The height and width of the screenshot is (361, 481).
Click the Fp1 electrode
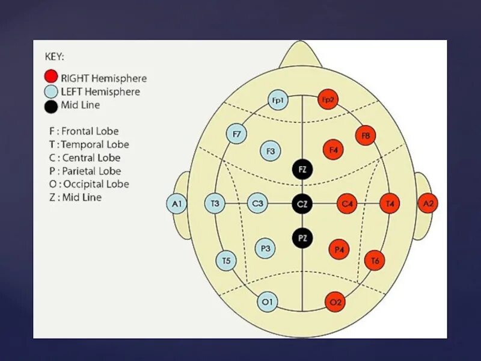[x=277, y=100]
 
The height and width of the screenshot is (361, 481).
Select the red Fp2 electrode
[x=327, y=100]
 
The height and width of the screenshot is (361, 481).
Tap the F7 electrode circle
[x=236, y=134]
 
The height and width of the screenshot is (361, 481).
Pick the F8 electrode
[x=366, y=135]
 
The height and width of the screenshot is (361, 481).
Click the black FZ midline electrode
[x=302, y=170]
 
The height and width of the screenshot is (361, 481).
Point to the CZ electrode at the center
[x=302, y=204]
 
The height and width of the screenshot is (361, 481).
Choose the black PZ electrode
[x=302, y=238]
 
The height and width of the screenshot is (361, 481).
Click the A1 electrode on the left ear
[x=176, y=204]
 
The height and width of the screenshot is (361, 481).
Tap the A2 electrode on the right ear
[x=428, y=203]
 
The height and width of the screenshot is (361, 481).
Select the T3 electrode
[x=215, y=204]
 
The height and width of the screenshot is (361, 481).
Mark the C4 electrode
[x=347, y=204]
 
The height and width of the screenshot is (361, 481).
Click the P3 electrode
[x=265, y=247]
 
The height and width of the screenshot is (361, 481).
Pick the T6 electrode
[x=375, y=260]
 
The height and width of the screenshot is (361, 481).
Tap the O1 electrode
[x=267, y=302]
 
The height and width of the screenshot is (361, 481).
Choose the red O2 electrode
[x=335, y=302]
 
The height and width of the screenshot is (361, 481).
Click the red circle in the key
[x=51, y=77]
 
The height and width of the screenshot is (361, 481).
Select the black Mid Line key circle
[x=51, y=106]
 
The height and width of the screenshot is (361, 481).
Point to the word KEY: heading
[x=55, y=57]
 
